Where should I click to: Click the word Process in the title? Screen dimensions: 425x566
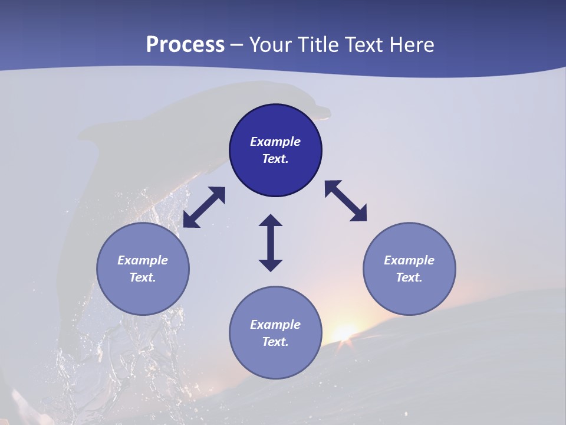[185, 45]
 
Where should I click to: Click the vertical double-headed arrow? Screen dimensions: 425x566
[271, 243]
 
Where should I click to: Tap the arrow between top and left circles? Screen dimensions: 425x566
[204, 207]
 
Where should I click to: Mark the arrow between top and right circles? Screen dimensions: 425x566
[346, 201]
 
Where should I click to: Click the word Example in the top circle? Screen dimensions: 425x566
[275, 142]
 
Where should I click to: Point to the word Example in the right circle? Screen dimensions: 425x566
[409, 260]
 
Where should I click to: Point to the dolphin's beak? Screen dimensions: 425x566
[323, 110]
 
